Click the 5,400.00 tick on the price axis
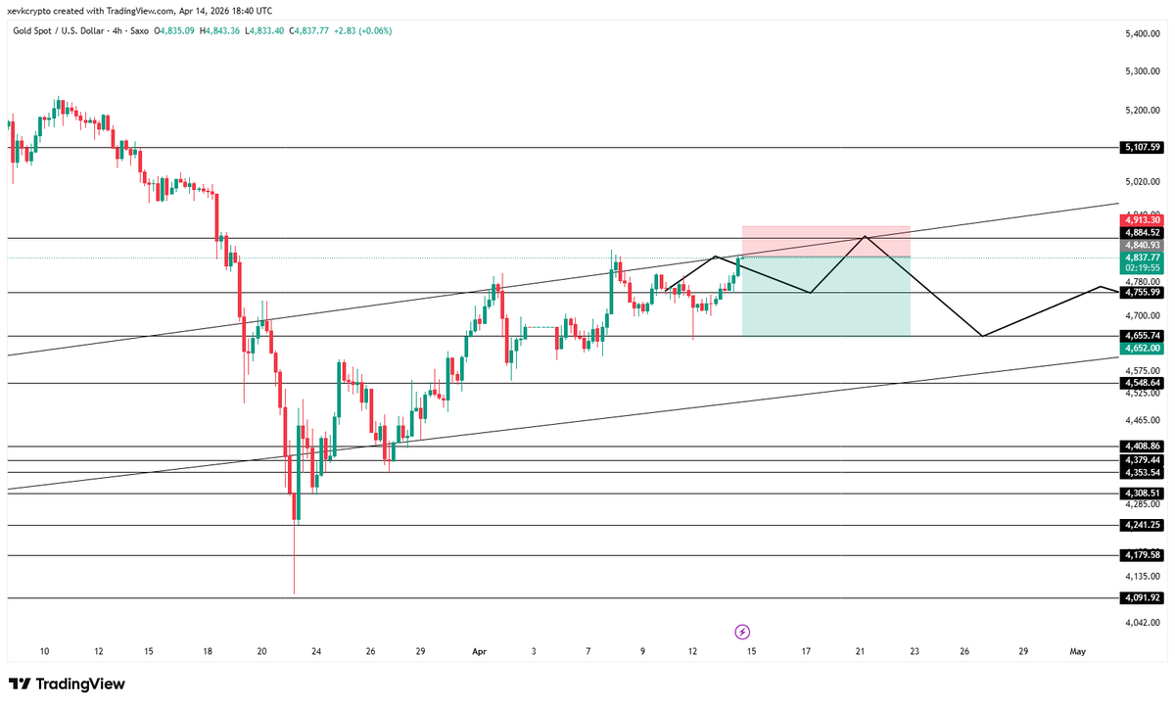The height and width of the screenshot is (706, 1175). tap(1141, 34)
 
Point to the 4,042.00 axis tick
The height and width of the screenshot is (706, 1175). tap(1141, 623)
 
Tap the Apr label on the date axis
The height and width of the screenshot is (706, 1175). tap(480, 651)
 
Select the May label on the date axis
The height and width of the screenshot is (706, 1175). tap(1078, 651)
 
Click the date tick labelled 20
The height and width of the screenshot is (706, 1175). tap(261, 651)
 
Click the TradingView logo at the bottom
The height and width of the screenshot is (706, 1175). tap(67, 683)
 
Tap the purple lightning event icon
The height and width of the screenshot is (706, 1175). tap(742, 632)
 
